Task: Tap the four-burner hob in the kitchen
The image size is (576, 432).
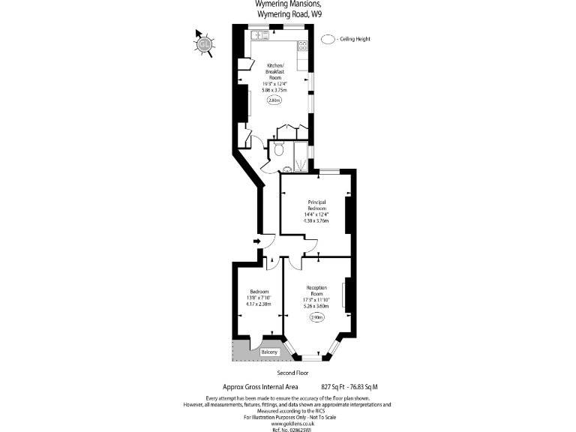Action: coord(302,45)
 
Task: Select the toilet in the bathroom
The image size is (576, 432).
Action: coord(279,149)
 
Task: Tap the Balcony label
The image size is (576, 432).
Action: coord(269,352)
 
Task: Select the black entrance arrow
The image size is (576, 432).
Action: coord(256,241)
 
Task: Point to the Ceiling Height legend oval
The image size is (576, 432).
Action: coord(328,39)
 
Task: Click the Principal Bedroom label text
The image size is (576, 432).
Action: coord(316,205)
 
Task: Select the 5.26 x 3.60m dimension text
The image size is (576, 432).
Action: coord(316,305)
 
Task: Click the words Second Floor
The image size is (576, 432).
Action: coord(292,373)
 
